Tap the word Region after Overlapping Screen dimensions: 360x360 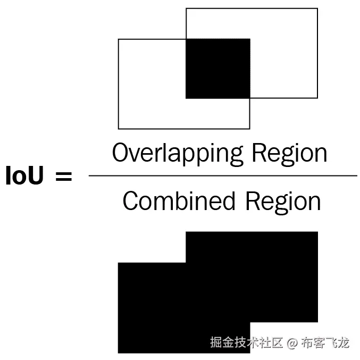289,154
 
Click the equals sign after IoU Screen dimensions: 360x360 63,176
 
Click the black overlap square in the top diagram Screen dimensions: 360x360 217,69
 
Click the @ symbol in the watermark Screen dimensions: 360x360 292,342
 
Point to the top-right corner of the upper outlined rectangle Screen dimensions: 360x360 317,9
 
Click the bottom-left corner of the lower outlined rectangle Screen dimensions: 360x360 118,129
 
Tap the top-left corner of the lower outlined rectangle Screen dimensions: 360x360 118,39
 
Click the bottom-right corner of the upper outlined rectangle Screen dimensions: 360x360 317,98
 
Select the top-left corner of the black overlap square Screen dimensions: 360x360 186,39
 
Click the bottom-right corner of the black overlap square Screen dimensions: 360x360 249,98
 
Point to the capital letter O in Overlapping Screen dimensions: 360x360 122,153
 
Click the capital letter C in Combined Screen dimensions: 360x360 131,202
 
